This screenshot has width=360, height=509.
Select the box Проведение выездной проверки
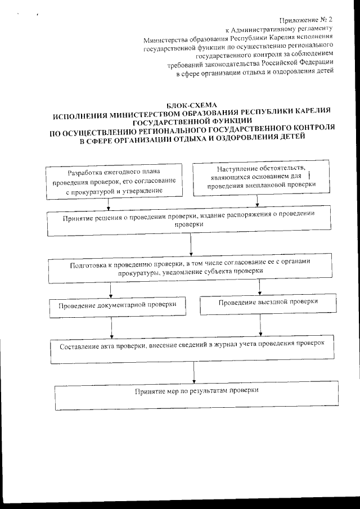pos(260,304)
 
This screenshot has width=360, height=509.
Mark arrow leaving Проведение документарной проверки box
pos(112,327)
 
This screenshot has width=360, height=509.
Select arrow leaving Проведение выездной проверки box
pos(260,326)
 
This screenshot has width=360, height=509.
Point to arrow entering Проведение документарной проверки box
pos(110,290)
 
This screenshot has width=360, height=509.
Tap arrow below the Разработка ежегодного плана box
pos(110,202)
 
